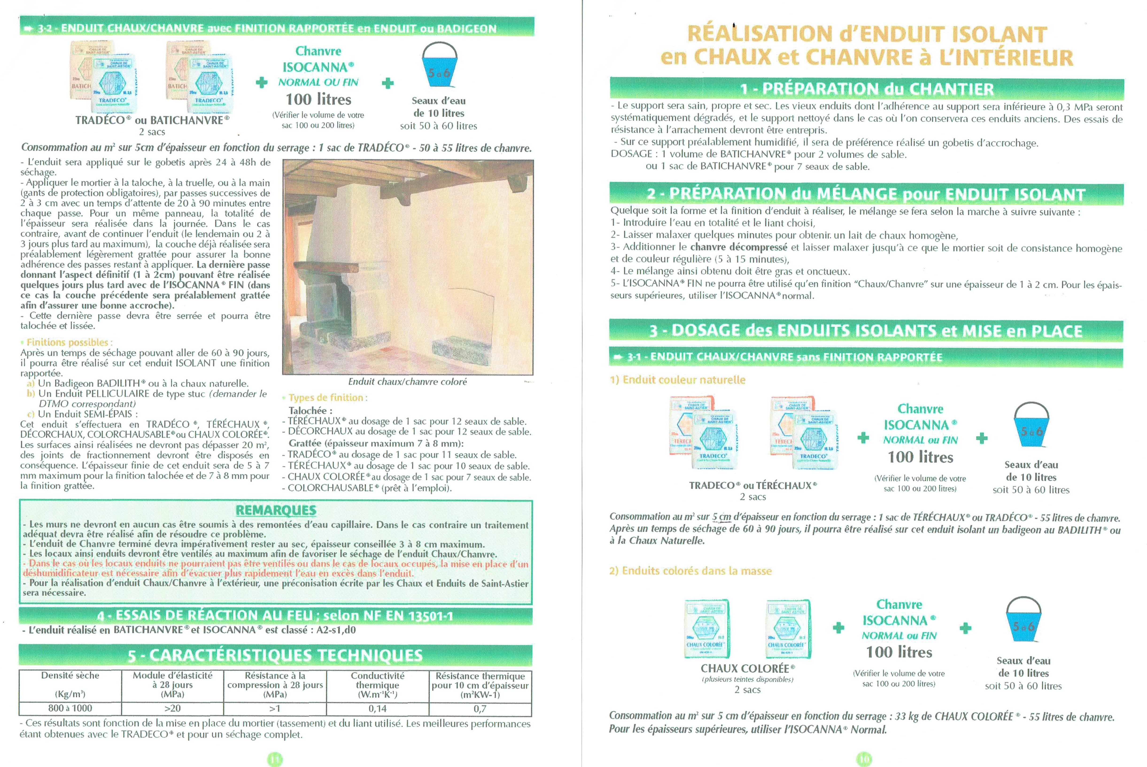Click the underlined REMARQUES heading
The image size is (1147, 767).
(276, 510)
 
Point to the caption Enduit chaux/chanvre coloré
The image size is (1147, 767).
(407, 382)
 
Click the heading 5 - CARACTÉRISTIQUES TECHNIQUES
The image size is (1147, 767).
(275, 655)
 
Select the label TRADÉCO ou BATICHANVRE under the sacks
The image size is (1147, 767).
(152, 120)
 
